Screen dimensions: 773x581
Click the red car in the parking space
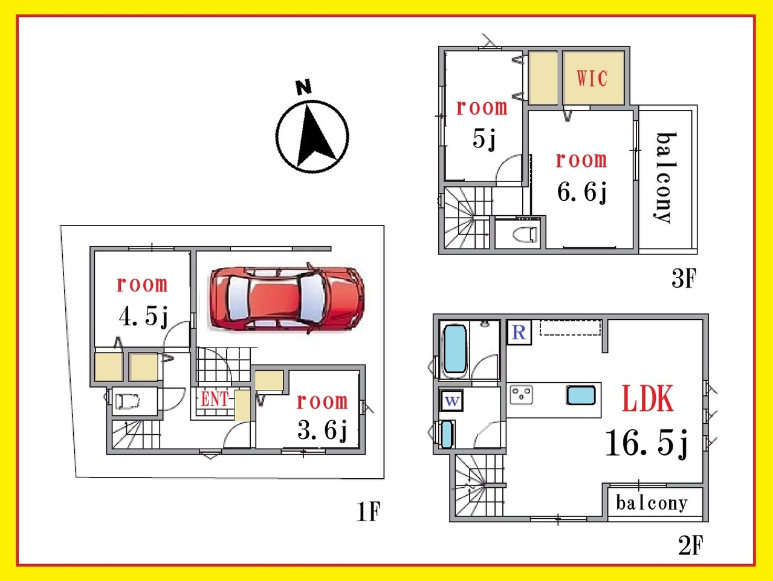(x=287, y=299)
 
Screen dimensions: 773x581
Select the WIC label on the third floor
(x=592, y=78)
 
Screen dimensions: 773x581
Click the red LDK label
(x=648, y=398)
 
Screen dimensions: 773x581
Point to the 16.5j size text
(x=646, y=443)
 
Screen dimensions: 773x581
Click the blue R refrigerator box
(x=519, y=332)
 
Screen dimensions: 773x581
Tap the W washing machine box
(x=452, y=400)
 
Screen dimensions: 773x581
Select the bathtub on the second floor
(x=455, y=349)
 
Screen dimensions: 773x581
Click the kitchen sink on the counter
(x=581, y=395)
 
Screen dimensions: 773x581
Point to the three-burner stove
(x=522, y=395)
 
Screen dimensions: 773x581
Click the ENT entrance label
(x=214, y=399)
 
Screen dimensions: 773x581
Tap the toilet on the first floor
(x=126, y=401)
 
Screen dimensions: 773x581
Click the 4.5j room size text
(x=143, y=317)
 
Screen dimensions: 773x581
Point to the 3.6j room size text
(x=322, y=430)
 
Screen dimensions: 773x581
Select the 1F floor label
(x=368, y=511)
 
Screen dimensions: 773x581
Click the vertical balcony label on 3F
(x=665, y=178)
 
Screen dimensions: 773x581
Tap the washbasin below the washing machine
(x=447, y=434)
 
